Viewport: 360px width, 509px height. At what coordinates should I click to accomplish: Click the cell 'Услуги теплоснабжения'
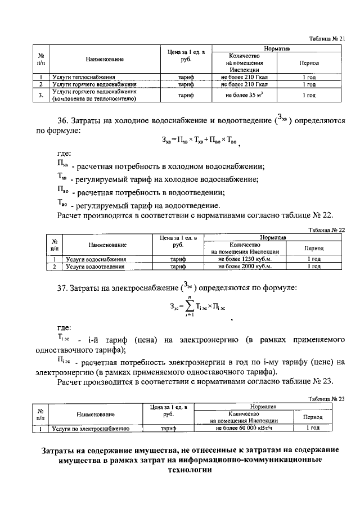(x=84, y=76)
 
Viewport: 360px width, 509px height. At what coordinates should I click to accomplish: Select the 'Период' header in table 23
(x=312, y=418)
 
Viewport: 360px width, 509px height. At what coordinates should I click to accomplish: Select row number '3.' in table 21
(x=40, y=96)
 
